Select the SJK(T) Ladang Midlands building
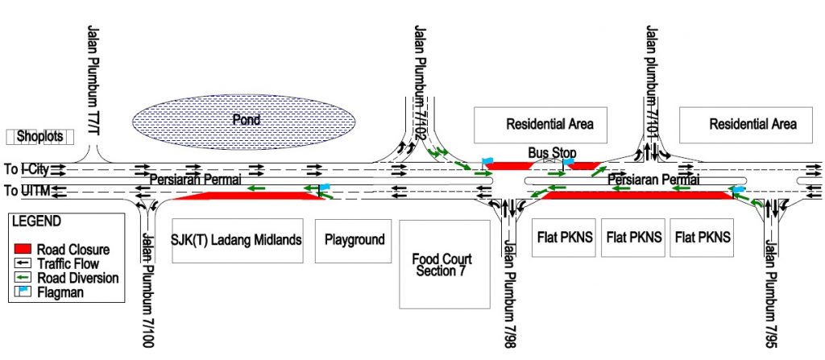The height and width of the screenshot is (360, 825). pos(237,240)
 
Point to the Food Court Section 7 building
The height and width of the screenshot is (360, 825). pos(442,264)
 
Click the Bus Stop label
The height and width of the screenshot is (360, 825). pos(549,152)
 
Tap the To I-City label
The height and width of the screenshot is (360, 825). pos(25,169)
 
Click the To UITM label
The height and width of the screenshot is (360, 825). pos(23,191)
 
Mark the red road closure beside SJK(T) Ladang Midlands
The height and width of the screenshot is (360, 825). pos(242,196)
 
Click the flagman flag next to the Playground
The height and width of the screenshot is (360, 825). pos(324,190)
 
